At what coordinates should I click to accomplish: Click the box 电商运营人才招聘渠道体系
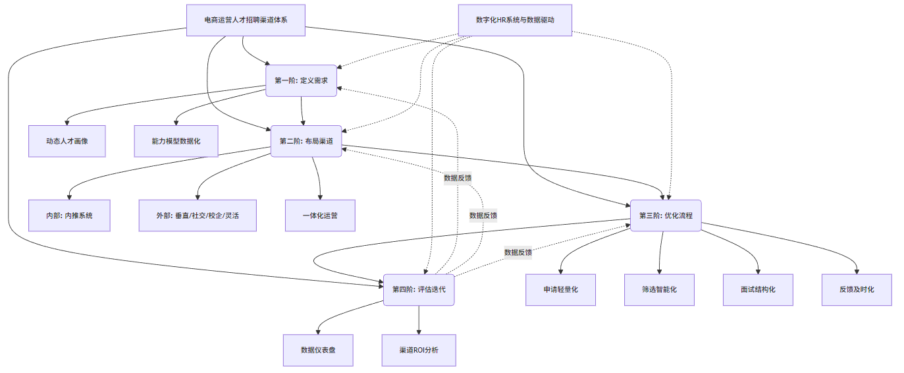coord(246,20)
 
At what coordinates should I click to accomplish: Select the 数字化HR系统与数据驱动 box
coord(515,20)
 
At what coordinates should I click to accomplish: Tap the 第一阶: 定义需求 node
coord(301,80)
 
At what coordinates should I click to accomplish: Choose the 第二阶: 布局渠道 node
coord(306,141)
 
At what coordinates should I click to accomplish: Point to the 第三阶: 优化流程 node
coord(666,215)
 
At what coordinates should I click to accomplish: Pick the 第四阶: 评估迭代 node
coord(419,290)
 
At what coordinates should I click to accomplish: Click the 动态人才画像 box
coord(66,141)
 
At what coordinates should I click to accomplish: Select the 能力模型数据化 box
coord(176,141)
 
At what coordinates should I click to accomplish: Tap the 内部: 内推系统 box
coord(69,215)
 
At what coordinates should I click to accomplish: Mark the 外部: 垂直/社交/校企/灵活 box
coord(198,215)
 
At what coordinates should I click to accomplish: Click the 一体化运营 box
coord(320,215)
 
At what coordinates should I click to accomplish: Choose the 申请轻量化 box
coord(560,290)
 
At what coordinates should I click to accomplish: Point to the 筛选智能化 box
coord(659,290)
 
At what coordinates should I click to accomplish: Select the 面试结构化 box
coord(758,290)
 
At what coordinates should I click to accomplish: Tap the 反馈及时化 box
coord(857,290)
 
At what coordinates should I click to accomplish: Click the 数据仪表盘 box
coord(318,351)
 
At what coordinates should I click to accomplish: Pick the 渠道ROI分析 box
coord(419,351)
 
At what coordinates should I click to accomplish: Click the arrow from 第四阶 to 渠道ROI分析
coord(419,320)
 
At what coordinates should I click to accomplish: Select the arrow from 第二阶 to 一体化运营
coord(317,178)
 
